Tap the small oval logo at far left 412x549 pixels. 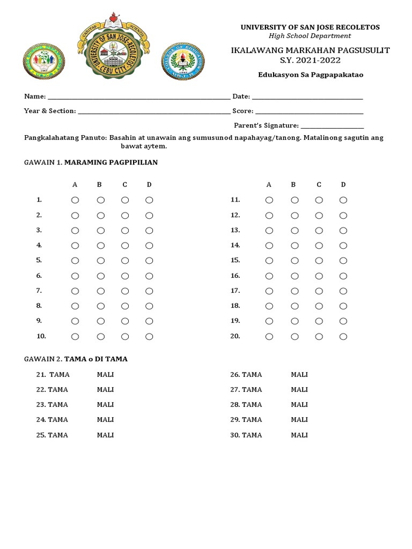pyautogui.click(x=44, y=62)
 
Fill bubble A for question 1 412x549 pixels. pyautogui.click(x=75, y=200)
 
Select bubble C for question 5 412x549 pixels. pyautogui.click(x=124, y=261)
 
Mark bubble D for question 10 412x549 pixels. pyautogui.click(x=149, y=337)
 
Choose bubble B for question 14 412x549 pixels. pyautogui.click(x=294, y=246)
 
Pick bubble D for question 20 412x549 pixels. pyautogui.click(x=343, y=337)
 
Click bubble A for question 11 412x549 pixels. pyautogui.click(x=269, y=200)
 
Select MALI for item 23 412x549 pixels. pyautogui.click(x=105, y=405)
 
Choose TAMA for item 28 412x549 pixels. pyautogui.click(x=252, y=405)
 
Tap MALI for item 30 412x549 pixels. pyautogui.click(x=299, y=435)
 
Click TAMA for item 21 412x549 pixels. pyautogui.click(x=59, y=375)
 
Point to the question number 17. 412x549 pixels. pyautogui.click(x=235, y=291)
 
